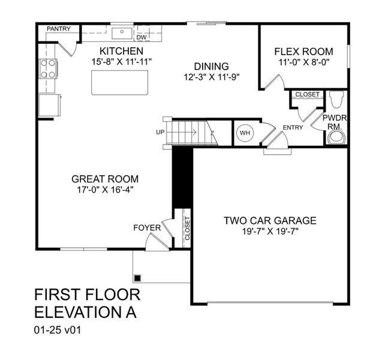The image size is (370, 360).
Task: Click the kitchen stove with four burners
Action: [47, 69]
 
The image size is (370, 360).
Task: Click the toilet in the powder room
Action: [336, 98]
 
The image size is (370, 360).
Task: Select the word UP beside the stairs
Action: [160, 132]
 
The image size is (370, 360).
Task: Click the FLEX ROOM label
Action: [303, 52]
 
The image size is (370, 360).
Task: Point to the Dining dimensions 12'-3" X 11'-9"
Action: [212, 77]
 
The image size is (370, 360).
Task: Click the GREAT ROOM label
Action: [105, 179]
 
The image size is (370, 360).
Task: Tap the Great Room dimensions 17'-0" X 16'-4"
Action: [105, 190]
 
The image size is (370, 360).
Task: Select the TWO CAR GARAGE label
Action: [270, 220]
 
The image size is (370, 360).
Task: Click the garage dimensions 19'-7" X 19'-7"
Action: [270, 232]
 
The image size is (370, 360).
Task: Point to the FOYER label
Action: [147, 228]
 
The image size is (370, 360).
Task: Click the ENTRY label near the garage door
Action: [293, 127]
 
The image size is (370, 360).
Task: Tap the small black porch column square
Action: [137, 278]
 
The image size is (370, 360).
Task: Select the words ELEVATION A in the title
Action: [85, 312]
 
